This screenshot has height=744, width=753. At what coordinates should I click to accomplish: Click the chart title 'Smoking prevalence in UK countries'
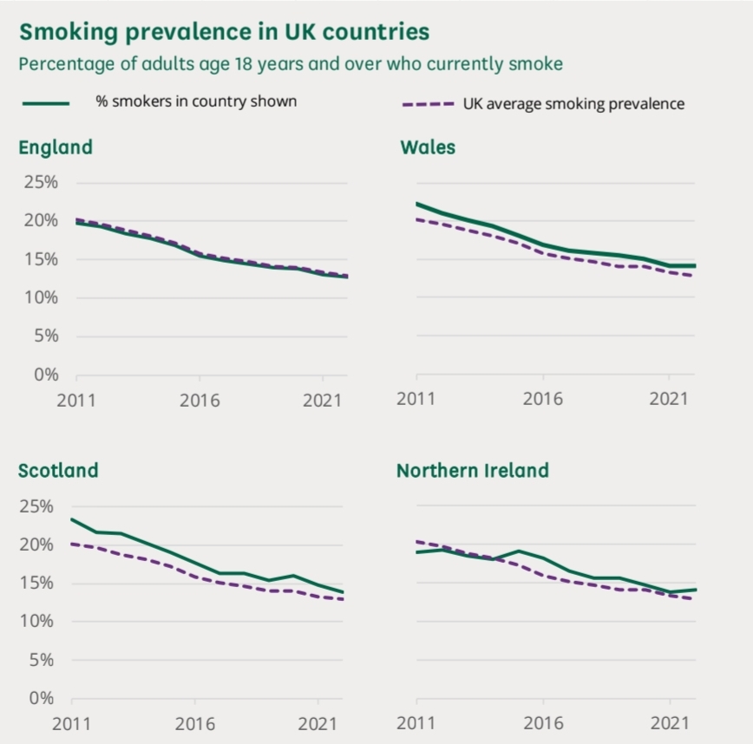coord(224,32)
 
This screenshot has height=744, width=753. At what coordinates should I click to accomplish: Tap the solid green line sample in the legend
coord(45,102)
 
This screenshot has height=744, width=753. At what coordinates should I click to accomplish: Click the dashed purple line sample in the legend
coord(429,104)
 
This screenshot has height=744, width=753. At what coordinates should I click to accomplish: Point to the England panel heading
coord(56,147)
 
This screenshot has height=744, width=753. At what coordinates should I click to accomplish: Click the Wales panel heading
coord(428,147)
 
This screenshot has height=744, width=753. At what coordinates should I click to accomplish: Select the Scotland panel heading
coord(58,471)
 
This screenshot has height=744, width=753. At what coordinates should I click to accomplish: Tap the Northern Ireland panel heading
coord(473,471)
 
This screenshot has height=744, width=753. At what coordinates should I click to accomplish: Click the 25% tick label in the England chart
coord(40,183)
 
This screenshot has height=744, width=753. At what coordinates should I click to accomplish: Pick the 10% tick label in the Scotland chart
coord(37,621)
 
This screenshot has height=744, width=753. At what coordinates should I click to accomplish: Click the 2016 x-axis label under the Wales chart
coord(543,400)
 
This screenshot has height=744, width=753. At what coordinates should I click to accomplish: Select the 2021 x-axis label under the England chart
coord(323,401)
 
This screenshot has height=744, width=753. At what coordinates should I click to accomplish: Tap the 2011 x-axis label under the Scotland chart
coord(72,723)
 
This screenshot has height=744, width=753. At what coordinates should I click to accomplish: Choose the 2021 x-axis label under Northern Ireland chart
coord(669,723)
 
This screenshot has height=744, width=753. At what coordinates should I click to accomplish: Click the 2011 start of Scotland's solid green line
coord(72,519)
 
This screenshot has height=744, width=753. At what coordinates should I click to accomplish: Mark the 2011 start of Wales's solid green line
coord(417,204)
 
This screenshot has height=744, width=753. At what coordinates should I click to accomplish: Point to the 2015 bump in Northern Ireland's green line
coord(518,551)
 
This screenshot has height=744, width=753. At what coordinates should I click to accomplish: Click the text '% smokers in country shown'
coord(196,101)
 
